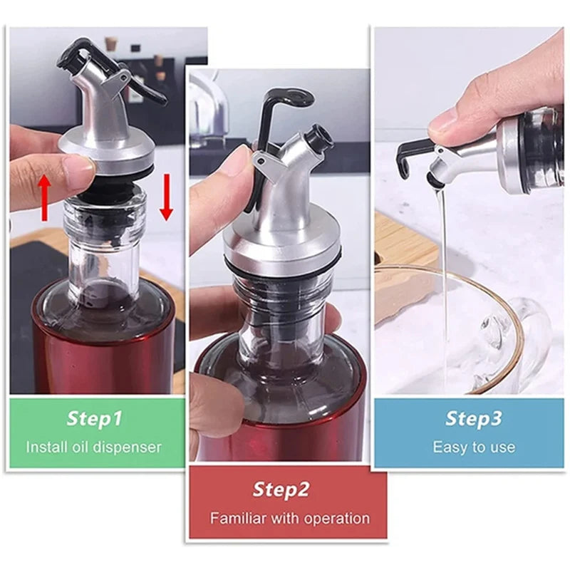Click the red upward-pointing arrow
tap(44, 197)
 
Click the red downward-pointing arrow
tap(167, 197)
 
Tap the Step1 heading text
tap(94, 418)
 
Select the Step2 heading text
tap(281, 489)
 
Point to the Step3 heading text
tap(473, 418)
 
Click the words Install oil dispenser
tap(94, 447)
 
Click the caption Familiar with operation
tap(289, 518)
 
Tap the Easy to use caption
tap(473, 447)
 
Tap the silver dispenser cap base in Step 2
tap(281, 246)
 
